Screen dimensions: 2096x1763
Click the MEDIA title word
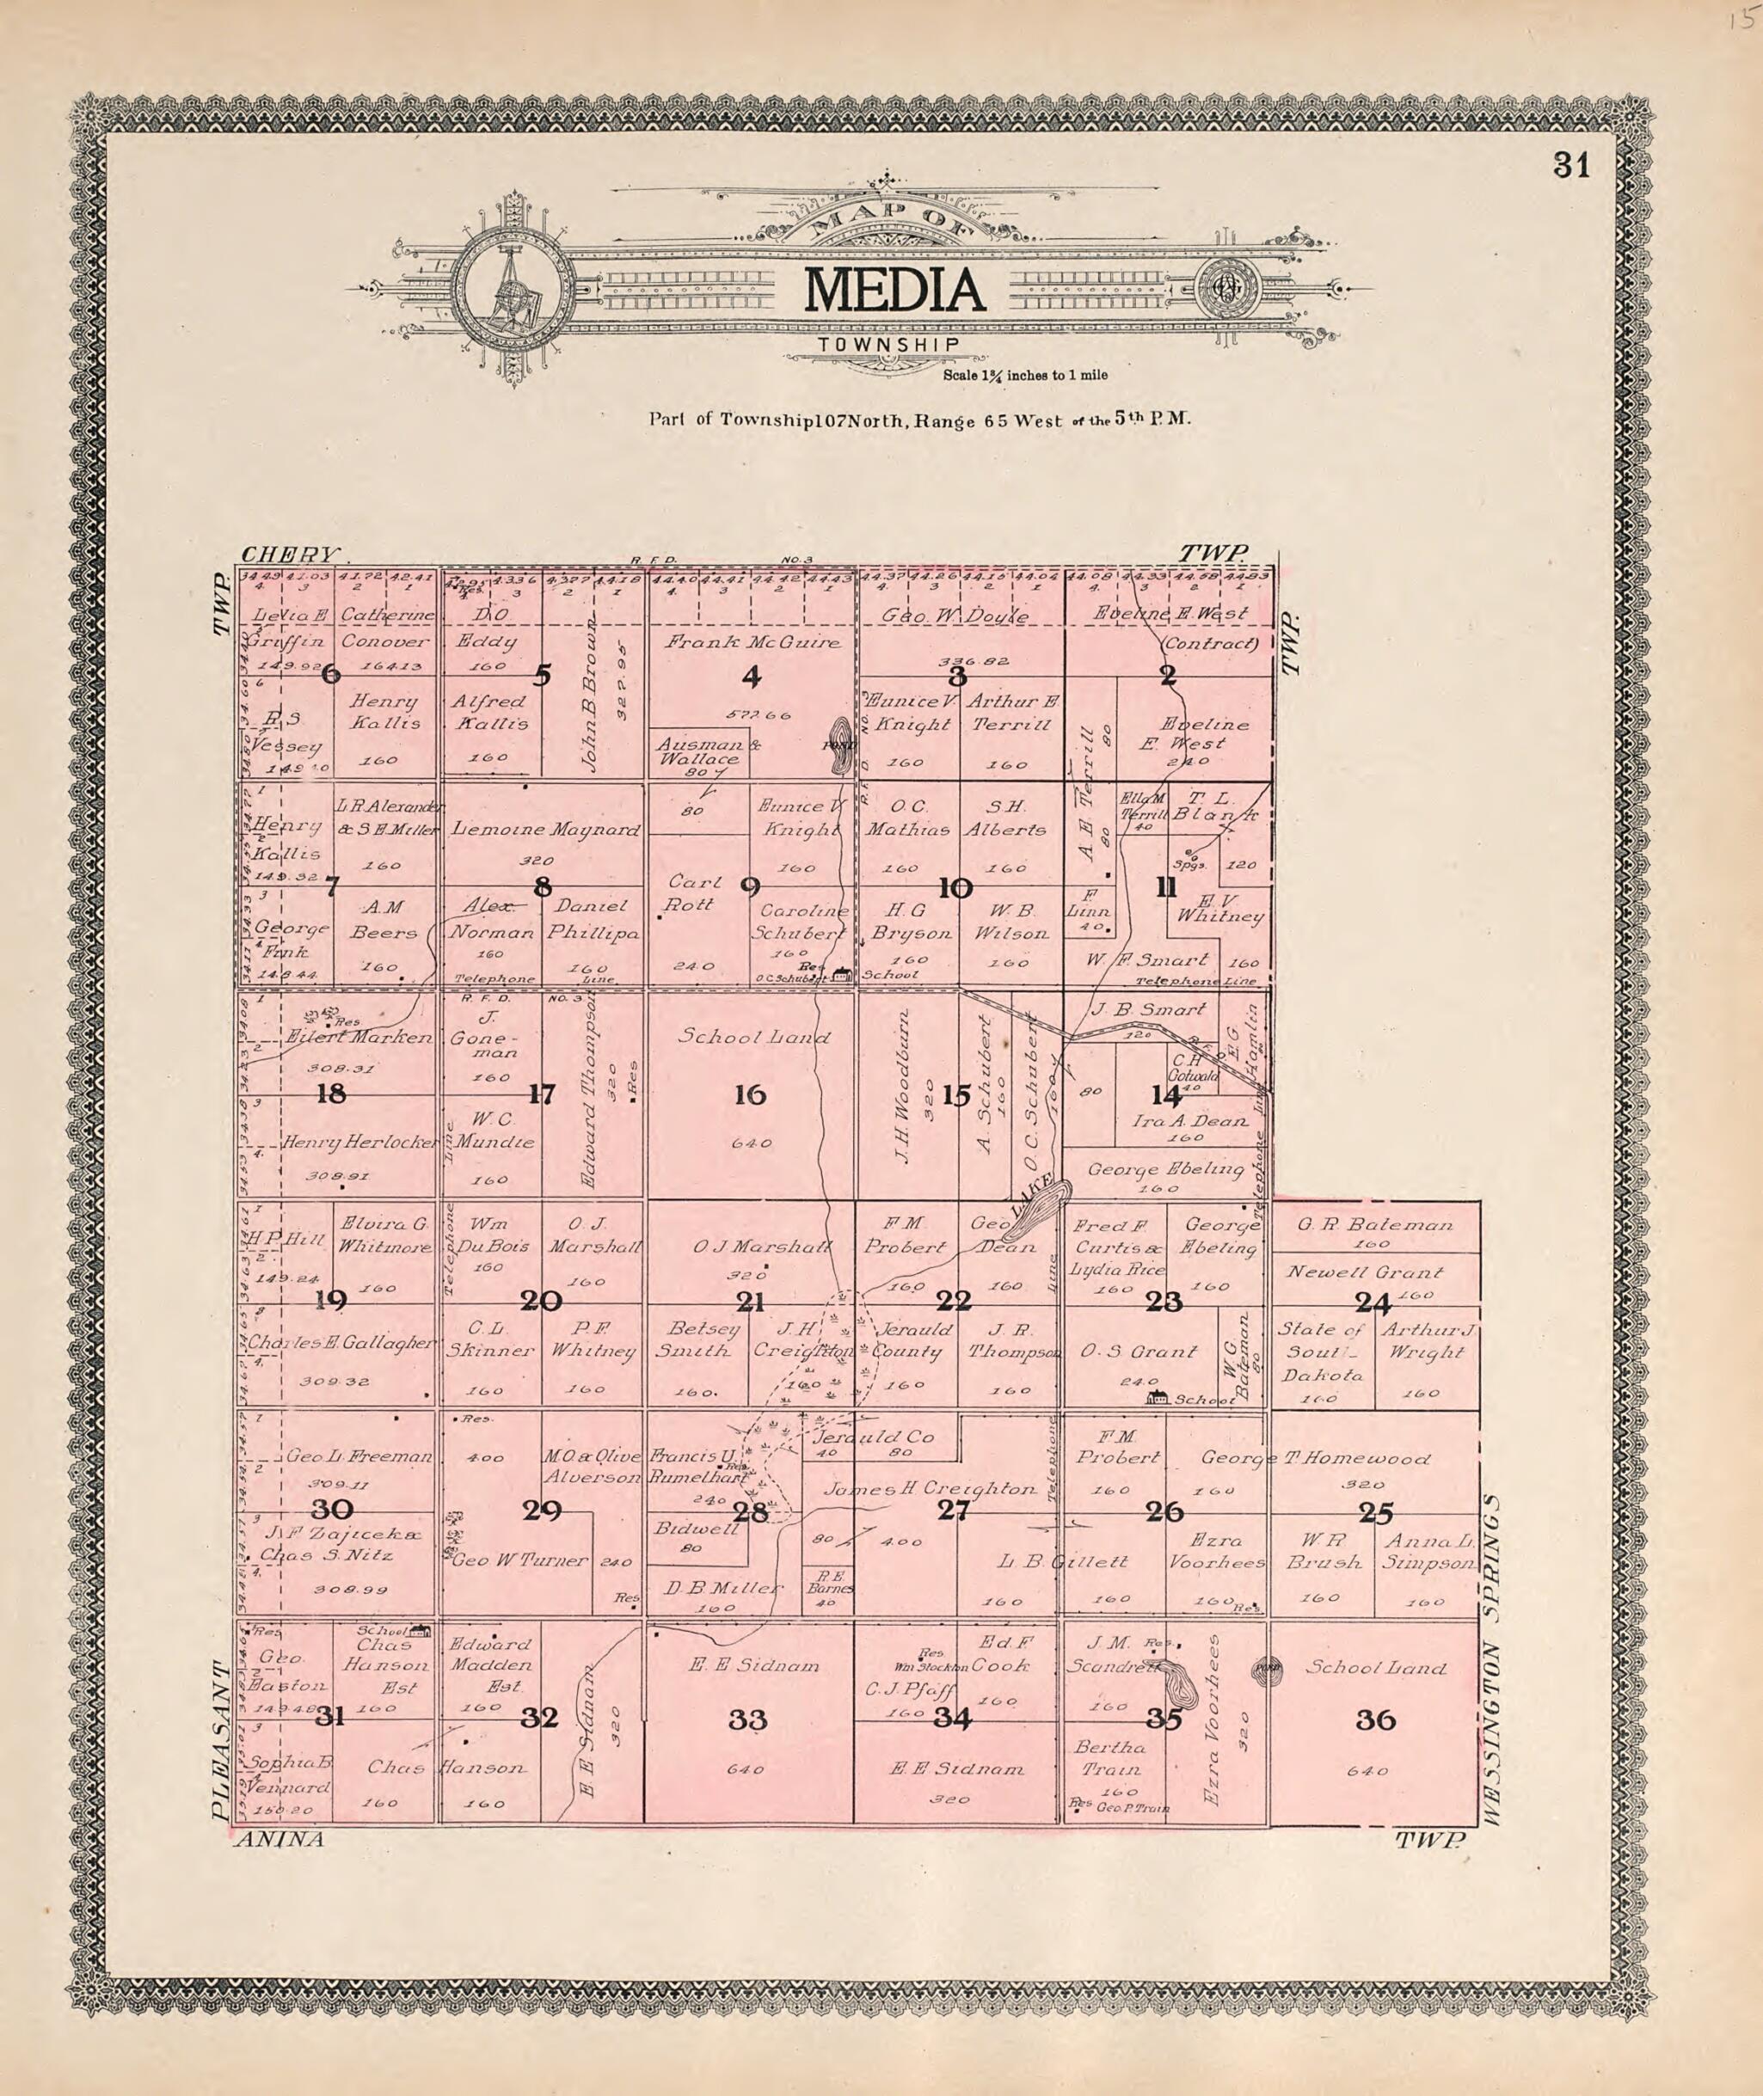tap(894, 291)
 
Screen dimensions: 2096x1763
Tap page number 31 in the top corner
tap(1570, 166)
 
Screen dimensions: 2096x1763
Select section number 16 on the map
tap(750, 1095)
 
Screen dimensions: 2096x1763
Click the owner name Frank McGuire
tap(752, 641)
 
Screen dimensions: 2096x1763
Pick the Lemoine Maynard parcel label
tap(544, 830)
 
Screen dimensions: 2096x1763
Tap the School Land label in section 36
tap(1375, 1667)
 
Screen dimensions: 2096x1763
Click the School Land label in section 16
tap(753, 1037)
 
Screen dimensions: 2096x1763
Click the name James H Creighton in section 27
tap(929, 1488)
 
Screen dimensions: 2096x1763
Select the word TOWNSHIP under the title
tap(888, 345)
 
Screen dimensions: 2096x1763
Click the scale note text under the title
tap(1024, 376)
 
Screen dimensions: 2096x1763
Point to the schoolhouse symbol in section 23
tap(1159, 1397)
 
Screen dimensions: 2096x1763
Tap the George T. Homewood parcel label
tap(1315, 1459)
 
